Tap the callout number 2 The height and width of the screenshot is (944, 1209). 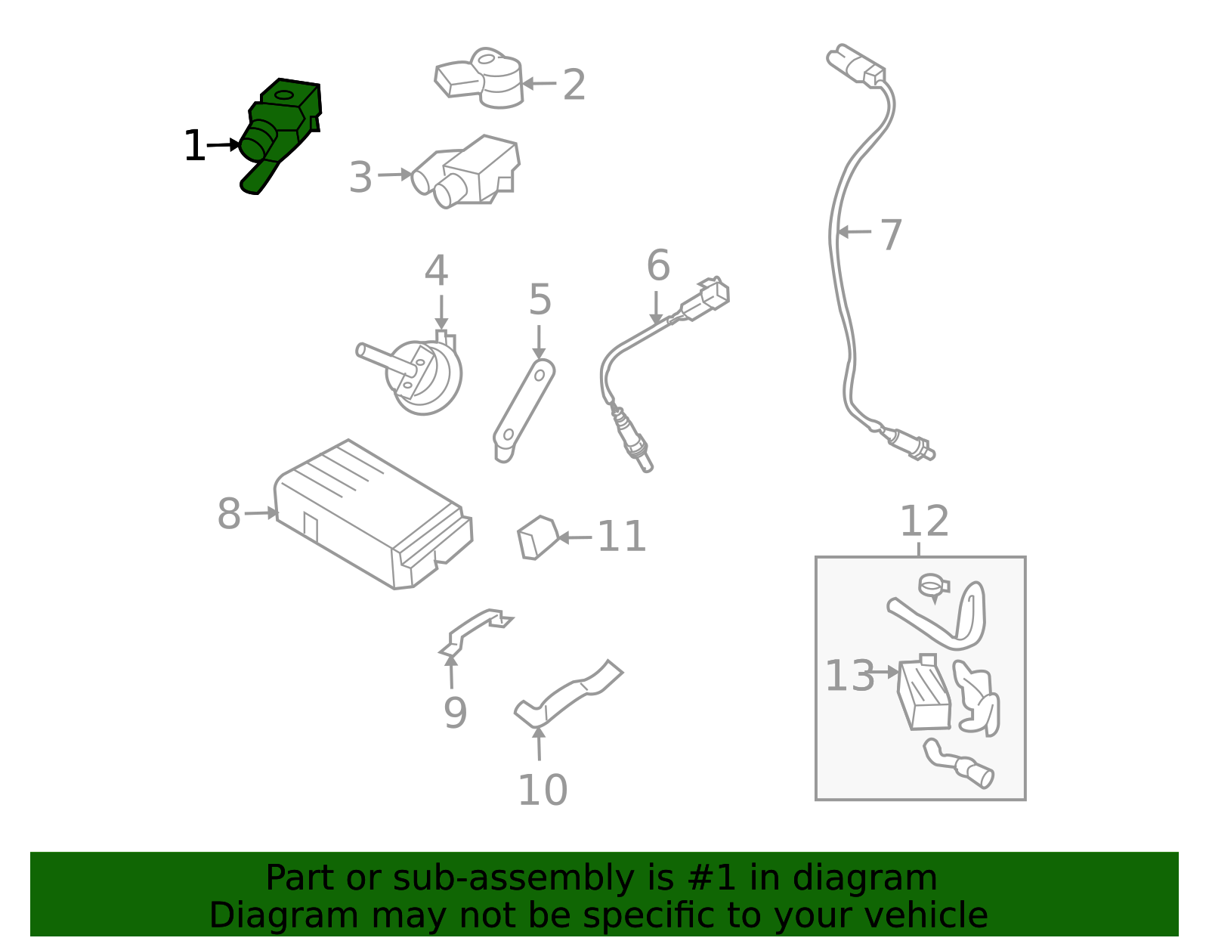point(574,85)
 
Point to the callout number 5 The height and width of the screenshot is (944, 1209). point(540,300)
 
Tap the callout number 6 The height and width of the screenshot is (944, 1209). point(658,265)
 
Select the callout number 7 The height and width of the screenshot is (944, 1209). point(891,234)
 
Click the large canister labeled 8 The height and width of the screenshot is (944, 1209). point(374,515)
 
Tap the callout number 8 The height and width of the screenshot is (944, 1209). point(229,513)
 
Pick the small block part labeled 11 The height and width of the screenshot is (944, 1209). point(538,538)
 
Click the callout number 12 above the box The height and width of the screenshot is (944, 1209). point(924,522)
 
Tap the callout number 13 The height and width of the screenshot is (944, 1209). point(849,676)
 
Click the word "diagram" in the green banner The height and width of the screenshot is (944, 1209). point(864,878)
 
